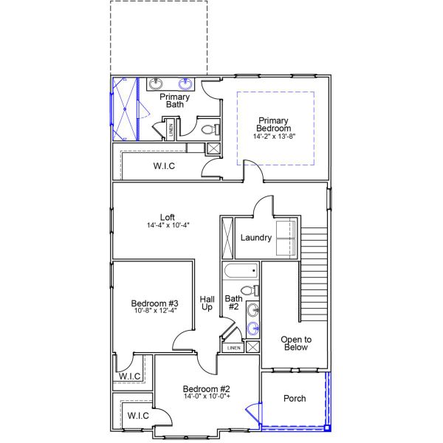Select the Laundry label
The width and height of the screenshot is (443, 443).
pyautogui.click(x=256, y=238)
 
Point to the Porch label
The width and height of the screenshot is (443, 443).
pyautogui.click(x=295, y=399)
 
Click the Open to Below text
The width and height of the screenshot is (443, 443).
pyautogui.click(x=295, y=343)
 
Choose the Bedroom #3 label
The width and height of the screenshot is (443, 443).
pyautogui.click(x=155, y=303)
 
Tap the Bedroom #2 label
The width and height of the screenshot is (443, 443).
pyautogui.click(x=207, y=389)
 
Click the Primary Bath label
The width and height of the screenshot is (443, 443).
pyautogui.click(x=175, y=100)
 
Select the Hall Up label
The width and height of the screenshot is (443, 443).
pyautogui.click(x=207, y=303)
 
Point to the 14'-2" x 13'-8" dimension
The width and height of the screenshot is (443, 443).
pyautogui.click(x=273, y=137)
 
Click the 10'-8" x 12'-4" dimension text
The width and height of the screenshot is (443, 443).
pyautogui.click(x=155, y=311)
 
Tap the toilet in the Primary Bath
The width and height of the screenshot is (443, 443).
pyautogui.click(x=210, y=130)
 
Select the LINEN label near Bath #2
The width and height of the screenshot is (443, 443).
pyautogui.click(x=233, y=347)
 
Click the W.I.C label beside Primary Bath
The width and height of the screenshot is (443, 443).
pyautogui.click(x=164, y=166)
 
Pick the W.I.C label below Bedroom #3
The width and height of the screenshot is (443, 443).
pyautogui.click(x=129, y=376)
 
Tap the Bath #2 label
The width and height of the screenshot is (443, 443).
pyautogui.click(x=233, y=303)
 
